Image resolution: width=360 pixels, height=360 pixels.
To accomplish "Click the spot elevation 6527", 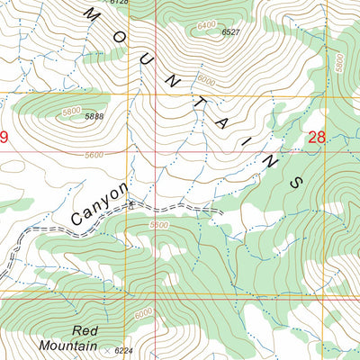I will click(x=230, y=32).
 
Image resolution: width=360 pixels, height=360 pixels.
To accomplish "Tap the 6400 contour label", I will click(x=206, y=25).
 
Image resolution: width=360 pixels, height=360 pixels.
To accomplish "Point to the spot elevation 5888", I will click(x=94, y=116).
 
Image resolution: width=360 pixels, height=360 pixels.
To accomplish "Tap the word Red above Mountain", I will click(x=84, y=330).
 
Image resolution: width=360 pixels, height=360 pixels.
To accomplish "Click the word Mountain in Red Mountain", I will click(x=68, y=345).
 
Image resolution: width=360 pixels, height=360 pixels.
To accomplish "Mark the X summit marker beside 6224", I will click(x=108, y=349).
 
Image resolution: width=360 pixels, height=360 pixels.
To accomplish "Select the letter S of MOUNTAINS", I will click(x=292, y=180).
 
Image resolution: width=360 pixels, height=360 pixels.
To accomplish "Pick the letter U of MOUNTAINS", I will click(x=146, y=54).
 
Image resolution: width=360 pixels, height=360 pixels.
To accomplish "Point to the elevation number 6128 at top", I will click(x=120, y=3).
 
